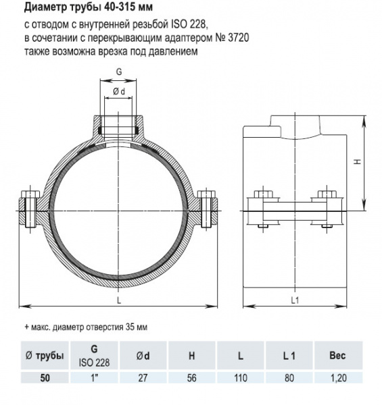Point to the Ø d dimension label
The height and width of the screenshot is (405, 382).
pyautogui.click(x=120, y=91)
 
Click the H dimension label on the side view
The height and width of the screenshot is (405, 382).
pyautogui.click(x=359, y=162)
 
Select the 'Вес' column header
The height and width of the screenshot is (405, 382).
pyautogui.click(x=336, y=355)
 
